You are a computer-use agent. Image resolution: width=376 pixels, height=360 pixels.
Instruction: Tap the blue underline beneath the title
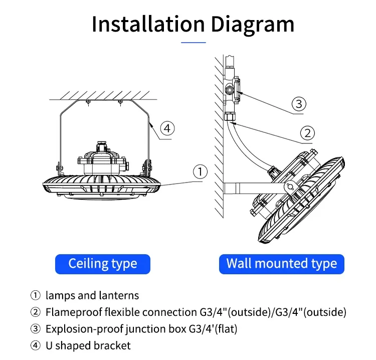(193, 43)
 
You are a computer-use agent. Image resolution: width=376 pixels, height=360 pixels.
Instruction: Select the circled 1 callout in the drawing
(200, 172)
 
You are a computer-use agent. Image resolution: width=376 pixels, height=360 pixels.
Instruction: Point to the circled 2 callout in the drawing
(307, 133)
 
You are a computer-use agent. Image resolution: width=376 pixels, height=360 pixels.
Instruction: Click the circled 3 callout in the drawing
(299, 104)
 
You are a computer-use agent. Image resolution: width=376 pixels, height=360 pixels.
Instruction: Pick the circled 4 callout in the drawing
(167, 128)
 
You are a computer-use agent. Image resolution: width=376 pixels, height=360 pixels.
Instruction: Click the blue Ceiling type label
(102, 263)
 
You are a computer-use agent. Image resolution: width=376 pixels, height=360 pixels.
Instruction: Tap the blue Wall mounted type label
(282, 263)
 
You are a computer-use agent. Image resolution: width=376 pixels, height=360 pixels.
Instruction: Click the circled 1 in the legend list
(35, 295)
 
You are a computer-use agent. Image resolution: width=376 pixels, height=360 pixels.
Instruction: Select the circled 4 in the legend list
(35, 345)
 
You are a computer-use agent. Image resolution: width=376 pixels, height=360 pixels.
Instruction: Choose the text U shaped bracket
(88, 345)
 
